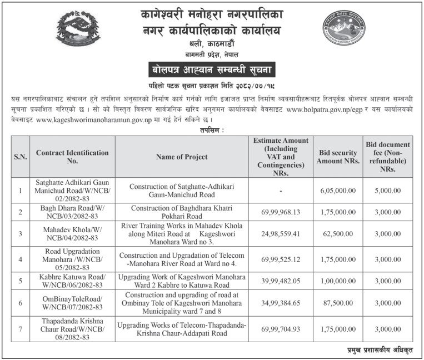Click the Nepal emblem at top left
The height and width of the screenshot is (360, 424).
tap(78, 31)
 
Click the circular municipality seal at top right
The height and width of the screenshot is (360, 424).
tap(344, 31)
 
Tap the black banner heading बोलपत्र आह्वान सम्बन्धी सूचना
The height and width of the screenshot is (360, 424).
tap(211, 71)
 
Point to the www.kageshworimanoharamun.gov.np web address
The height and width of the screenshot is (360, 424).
tap(94, 120)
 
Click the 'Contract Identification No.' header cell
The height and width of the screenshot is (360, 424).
tap(72, 157)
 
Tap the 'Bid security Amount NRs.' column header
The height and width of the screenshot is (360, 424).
tap(338, 157)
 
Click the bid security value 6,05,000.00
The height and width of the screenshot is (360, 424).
tap(338, 191)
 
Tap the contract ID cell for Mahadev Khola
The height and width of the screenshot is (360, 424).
tap(72, 233)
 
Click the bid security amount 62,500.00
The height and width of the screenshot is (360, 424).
tap(338, 233)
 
